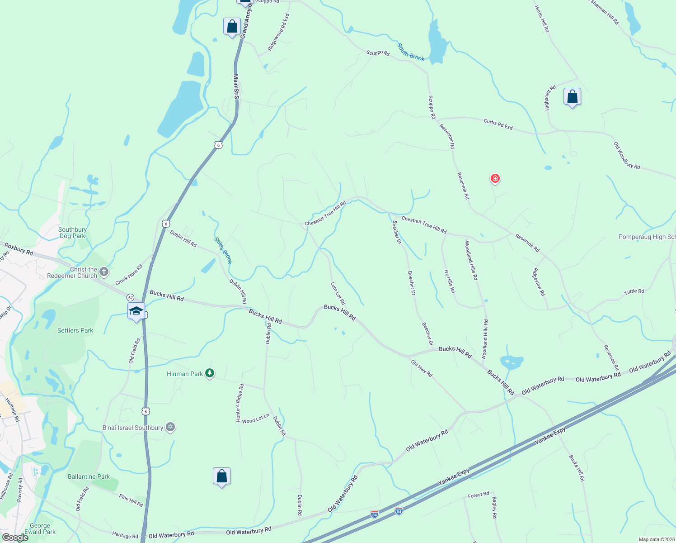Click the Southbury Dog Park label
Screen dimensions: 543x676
click(x=72, y=233)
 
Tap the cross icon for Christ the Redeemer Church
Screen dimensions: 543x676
click(x=104, y=272)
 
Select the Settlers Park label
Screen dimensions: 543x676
click(x=75, y=330)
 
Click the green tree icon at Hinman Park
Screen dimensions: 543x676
click(x=209, y=373)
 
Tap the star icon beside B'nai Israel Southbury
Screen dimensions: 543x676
click(x=170, y=427)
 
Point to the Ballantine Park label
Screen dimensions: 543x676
click(x=89, y=476)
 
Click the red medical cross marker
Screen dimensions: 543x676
click(x=495, y=179)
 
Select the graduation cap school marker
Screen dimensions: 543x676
click(x=136, y=311)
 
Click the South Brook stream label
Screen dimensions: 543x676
click(x=411, y=52)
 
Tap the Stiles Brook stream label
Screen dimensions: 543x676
click(x=223, y=251)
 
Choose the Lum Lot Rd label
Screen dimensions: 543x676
click(x=338, y=293)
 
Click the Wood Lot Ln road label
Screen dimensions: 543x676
click(x=255, y=419)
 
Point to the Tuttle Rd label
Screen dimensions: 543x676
click(x=634, y=291)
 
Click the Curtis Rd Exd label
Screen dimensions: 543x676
click(x=498, y=124)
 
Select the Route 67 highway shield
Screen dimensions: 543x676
click(x=130, y=297)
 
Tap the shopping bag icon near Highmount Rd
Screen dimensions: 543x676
click(x=572, y=97)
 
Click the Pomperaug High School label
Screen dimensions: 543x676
click(x=647, y=237)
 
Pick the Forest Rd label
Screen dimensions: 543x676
click(x=478, y=495)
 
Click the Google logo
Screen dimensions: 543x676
click(x=15, y=537)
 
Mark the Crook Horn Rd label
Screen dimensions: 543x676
click(x=129, y=275)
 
